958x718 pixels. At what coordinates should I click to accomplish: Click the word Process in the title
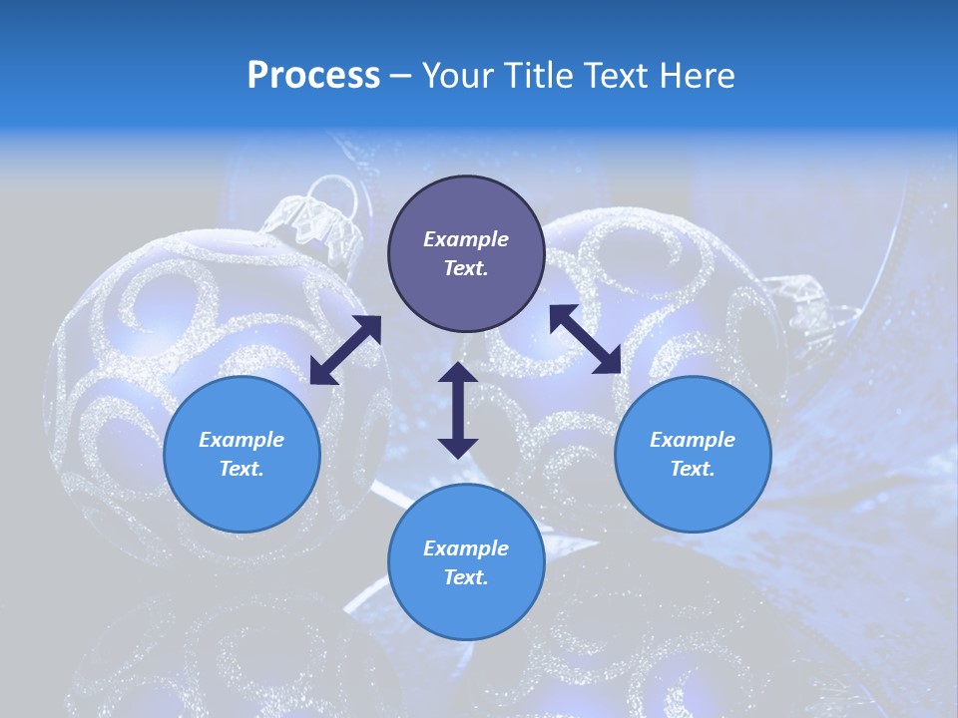(313, 76)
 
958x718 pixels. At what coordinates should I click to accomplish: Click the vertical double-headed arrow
(458, 410)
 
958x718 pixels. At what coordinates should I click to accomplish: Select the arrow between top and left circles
(345, 350)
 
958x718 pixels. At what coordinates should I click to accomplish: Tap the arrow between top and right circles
(586, 339)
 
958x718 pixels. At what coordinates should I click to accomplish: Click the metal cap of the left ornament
(317, 221)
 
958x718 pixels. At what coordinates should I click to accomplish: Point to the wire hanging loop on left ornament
(333, 189)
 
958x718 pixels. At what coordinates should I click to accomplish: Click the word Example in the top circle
(466, 239)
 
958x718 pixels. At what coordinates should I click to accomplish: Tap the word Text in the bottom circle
(465, 577)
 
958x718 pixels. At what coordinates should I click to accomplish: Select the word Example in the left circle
(241, 440)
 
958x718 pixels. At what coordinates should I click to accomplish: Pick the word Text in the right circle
(692, 469)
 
